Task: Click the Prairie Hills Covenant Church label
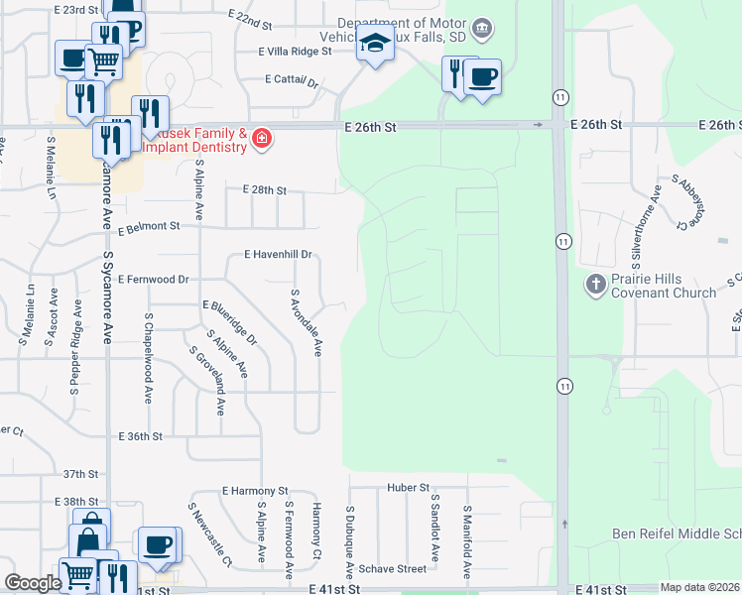click(x=664, y=286)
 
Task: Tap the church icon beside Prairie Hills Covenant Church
click(x=595, y=286)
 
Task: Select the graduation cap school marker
click(x=376, y=45)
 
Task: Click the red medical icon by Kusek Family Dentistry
click(x=261, y=138)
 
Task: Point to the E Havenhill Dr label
click(x=279, y=255)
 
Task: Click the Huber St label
click(x=409, y=488)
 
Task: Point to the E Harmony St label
click(x=255, y=491)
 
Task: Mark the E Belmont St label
click(x=149, y=226)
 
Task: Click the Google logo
click(x=33, y=583)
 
